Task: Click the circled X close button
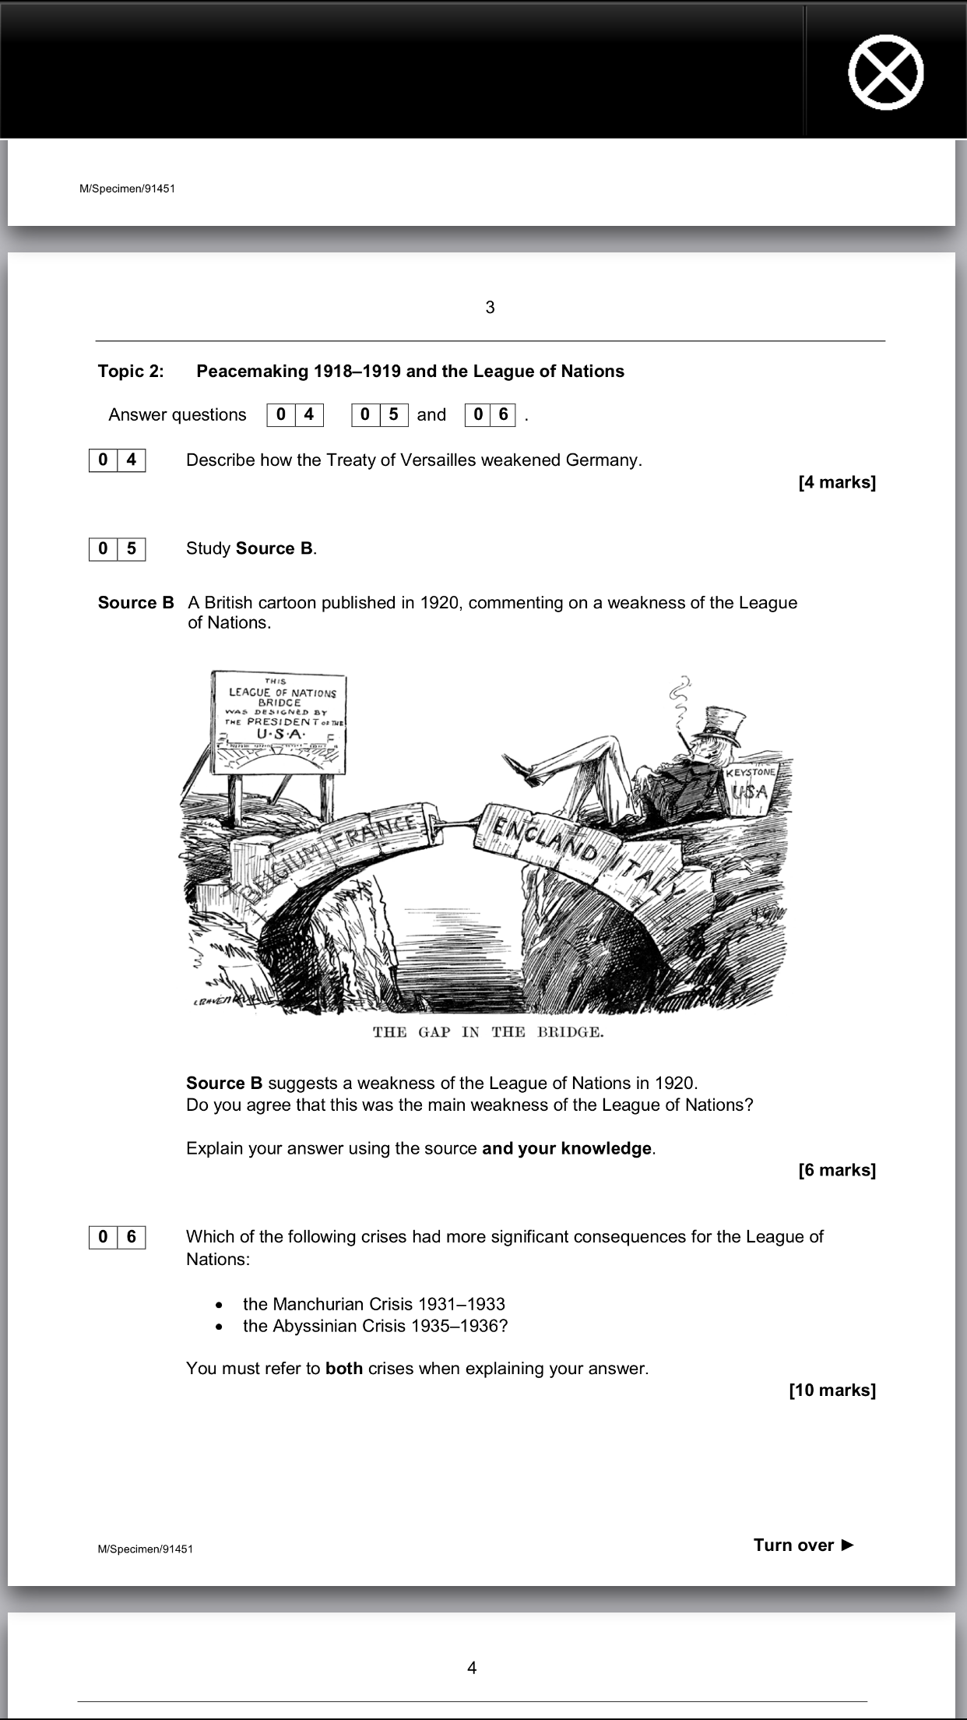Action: [x=885, y=72]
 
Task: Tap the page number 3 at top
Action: [x=490, y=308]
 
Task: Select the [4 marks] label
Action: [x=837, y=482]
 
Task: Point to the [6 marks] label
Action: [x=837, y=1170]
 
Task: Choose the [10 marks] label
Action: [x=832, y=1390]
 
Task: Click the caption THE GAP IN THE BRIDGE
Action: [x=489, y=1033]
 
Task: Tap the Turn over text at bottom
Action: [x=803, y=1546]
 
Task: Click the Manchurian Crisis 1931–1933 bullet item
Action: [x=374, y=1304]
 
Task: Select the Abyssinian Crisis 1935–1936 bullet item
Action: [x=375, y=1326]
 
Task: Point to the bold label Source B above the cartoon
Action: [x=135, y=603]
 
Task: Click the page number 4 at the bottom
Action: [x=472, y=1668]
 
